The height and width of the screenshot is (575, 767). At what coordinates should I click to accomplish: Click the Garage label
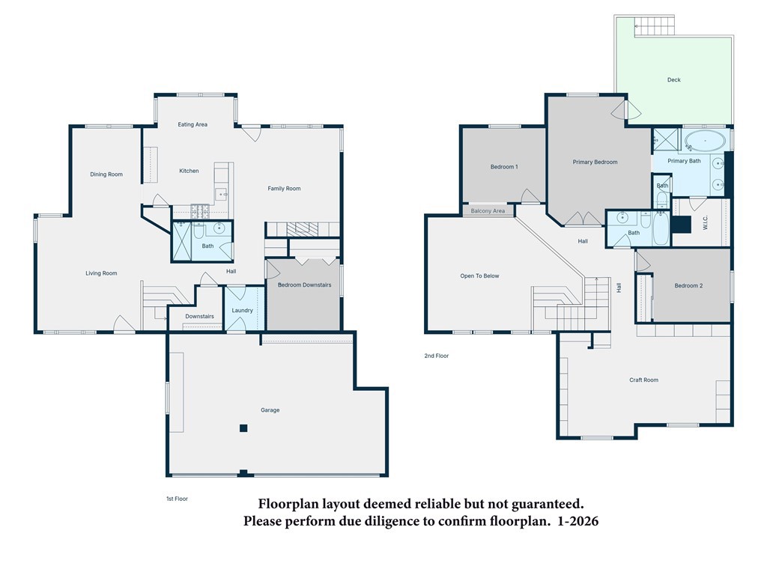(x=270, y=410)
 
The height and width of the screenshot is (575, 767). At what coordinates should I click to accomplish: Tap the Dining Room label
(x=106, y=174)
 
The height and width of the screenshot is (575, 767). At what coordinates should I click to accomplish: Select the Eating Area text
(x=192, y=125)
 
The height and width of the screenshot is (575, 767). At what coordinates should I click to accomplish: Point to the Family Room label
(x=284, y=188)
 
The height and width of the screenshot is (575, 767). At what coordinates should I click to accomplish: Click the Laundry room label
(x=242, y=311)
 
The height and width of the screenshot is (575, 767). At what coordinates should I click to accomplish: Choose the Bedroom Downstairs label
(x=304, y=285)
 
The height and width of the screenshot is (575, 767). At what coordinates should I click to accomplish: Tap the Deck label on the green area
(x=673, y=79)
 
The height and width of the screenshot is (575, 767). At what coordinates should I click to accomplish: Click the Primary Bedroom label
(x=595, y=162)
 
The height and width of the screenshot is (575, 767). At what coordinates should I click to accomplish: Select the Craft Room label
(x=643, y=380)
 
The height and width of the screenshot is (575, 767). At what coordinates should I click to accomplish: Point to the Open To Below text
(x=479, y=276)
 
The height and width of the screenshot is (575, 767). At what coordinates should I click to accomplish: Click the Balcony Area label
(x=488, y=211)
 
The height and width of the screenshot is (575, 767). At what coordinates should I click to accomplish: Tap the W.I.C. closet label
(x=705, y=223)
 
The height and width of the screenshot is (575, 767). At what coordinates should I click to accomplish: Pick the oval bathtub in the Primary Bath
(x=705, y=141)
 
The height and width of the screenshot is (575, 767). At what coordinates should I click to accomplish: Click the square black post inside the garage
(x=243, y=428)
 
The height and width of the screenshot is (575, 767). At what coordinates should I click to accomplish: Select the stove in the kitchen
(x=199, y=210)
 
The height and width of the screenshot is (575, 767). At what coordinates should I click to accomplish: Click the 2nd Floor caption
(x=437, y=356)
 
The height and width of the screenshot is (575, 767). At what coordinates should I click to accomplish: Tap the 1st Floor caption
(x=177, y=499)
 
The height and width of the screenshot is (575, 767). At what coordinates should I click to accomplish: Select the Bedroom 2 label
(x=688, y=285)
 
